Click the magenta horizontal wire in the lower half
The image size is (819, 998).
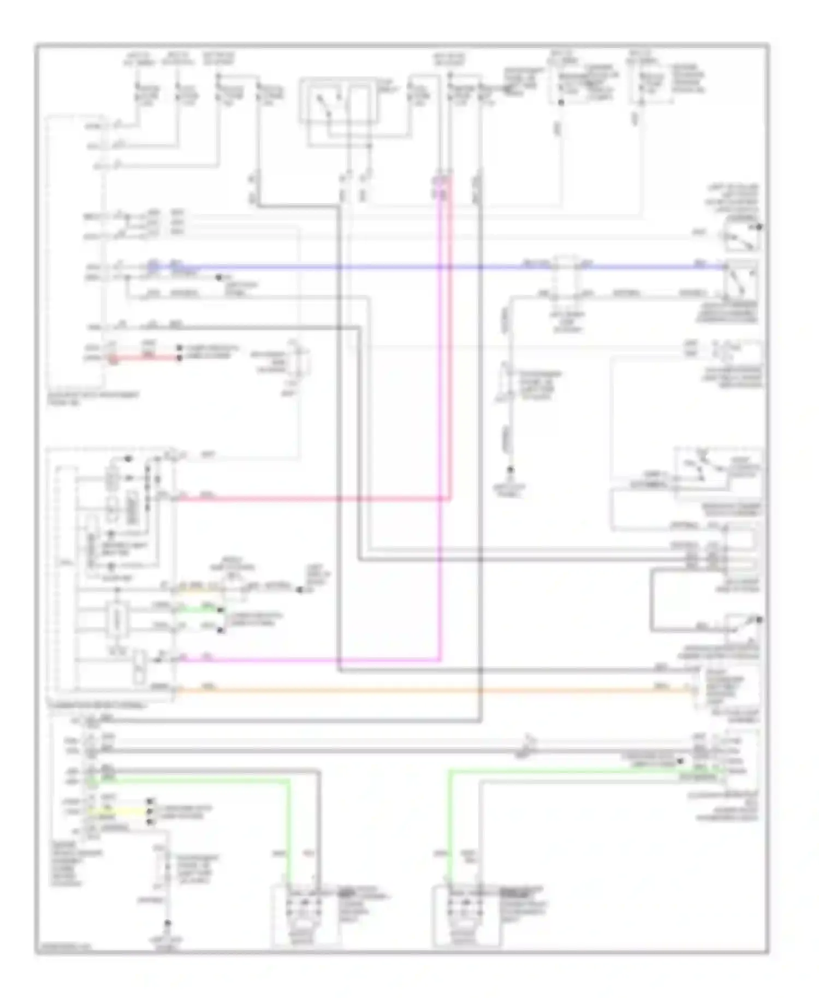tap(306, 661)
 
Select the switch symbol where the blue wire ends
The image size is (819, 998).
tap(741, 278)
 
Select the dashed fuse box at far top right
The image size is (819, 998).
tap(652, 82)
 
